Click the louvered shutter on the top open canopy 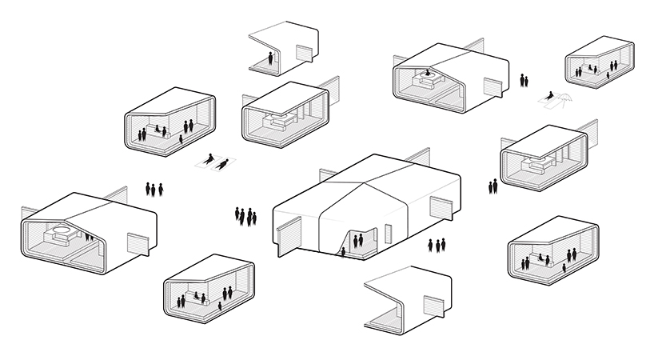pos(304,53)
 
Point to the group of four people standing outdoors pos(245,215)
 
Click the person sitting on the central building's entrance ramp pos(344,252)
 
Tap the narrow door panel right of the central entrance pos(388,234)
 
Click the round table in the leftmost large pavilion pos(58,235)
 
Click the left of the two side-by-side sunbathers pos(209,160)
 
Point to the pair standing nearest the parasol pos(524,80)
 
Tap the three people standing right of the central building pos(437,244)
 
